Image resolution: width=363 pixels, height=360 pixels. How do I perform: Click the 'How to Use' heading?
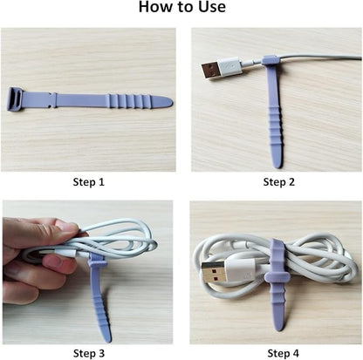pos(181,10)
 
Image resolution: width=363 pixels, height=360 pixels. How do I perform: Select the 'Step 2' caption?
pos(278,182)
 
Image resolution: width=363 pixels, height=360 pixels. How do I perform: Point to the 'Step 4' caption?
pos(278,353)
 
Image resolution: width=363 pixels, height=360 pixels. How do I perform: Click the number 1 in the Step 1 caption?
pos(103,182)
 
